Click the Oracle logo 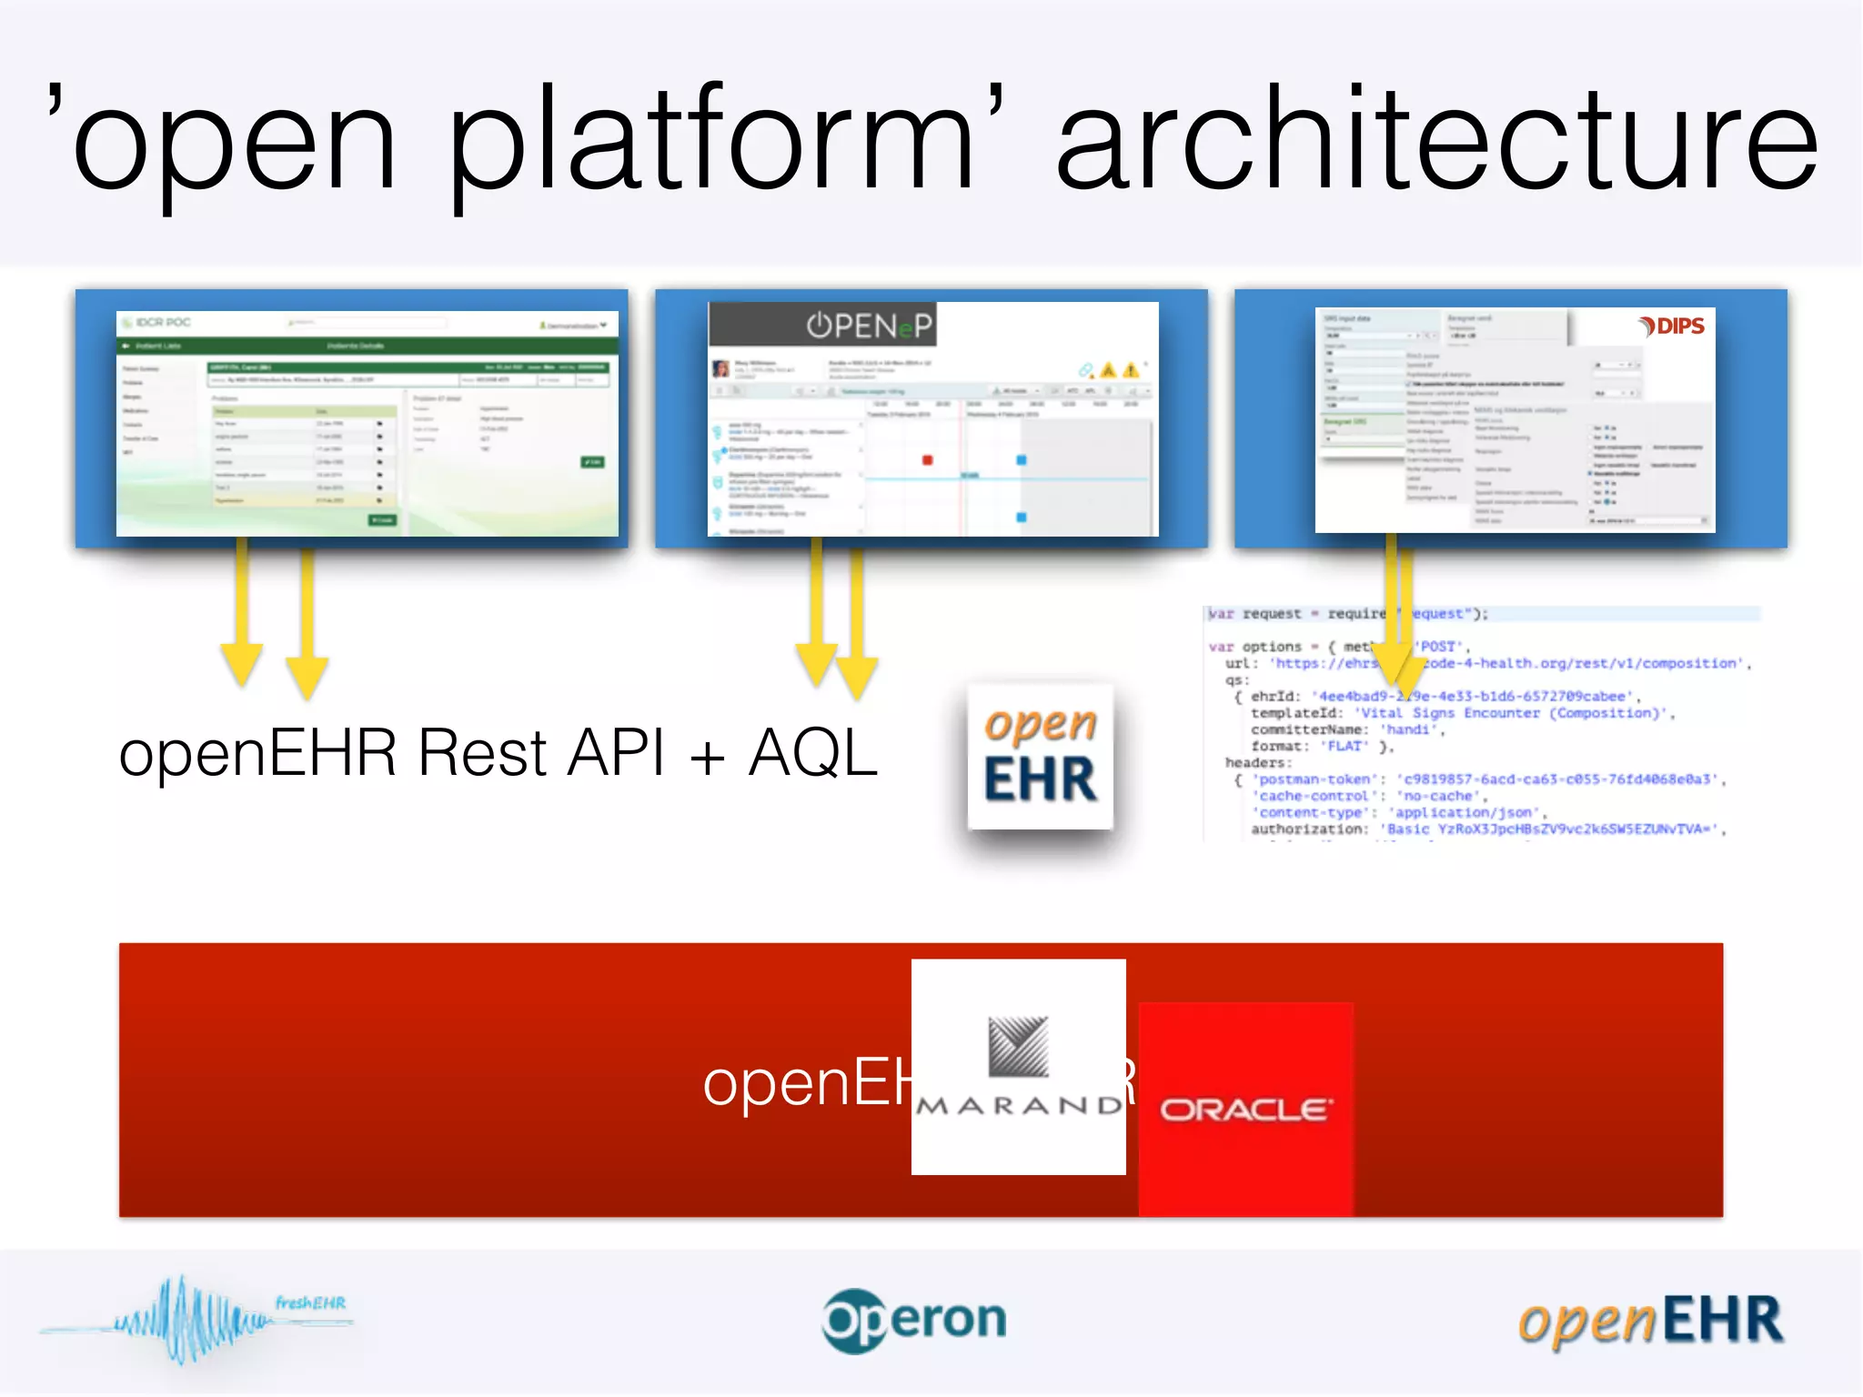(1245, 1110)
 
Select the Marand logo (1019, 1066)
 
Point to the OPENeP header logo (869, 325)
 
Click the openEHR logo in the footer (1650, 1321)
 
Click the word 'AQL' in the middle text (812, 753)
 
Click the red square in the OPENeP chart (927, 460)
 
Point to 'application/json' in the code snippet (1465, 812)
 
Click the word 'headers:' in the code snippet (1258, 763)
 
